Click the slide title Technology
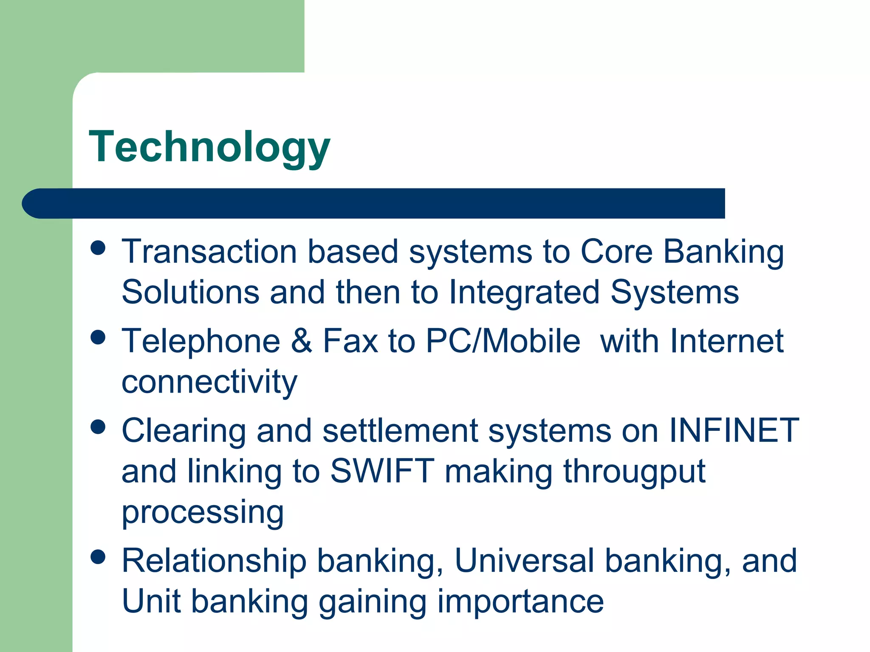coord(209,147)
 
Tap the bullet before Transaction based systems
coord(98,248)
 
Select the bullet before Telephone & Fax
coord(98,338)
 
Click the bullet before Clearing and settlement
coord(98,427)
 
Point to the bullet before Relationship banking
coord(98,557)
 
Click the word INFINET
coord(734,430)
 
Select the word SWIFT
coord(382,471)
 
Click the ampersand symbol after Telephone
coord(302,341)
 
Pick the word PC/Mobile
coord(503,341)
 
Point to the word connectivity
coord(209,382)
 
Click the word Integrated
coord(524,293)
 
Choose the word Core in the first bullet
coord(616,252)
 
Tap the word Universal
coord(524,561)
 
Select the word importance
coord(520,602)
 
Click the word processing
coord(203,513)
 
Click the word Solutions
coord(190,292)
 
